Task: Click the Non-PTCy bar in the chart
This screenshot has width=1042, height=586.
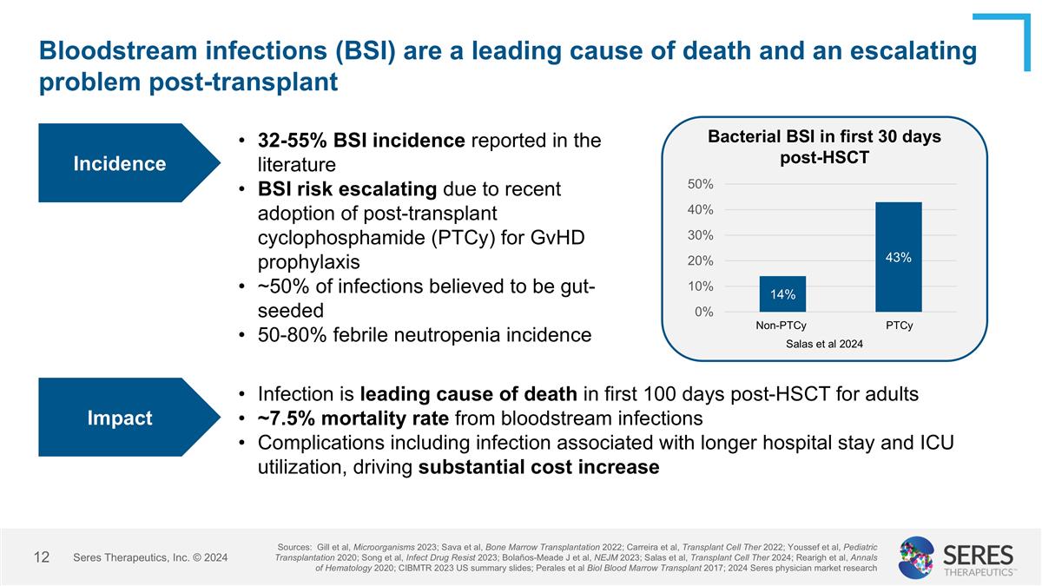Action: click(782, 294)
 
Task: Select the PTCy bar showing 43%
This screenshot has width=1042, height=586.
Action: click(898, 257)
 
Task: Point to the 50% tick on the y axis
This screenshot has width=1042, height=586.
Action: click(702, 184)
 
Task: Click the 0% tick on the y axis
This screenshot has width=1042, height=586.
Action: click(704, 312)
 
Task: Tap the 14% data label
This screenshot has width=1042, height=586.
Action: click(782, 295)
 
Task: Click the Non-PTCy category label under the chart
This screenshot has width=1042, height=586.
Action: click(781, 326)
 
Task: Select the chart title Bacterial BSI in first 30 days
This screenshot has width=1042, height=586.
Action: click(824, 137)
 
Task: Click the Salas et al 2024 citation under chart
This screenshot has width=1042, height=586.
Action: click(824, 344)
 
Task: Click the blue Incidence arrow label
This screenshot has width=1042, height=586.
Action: click(119, 163)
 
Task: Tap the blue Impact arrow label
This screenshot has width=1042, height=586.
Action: click(119, 418)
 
